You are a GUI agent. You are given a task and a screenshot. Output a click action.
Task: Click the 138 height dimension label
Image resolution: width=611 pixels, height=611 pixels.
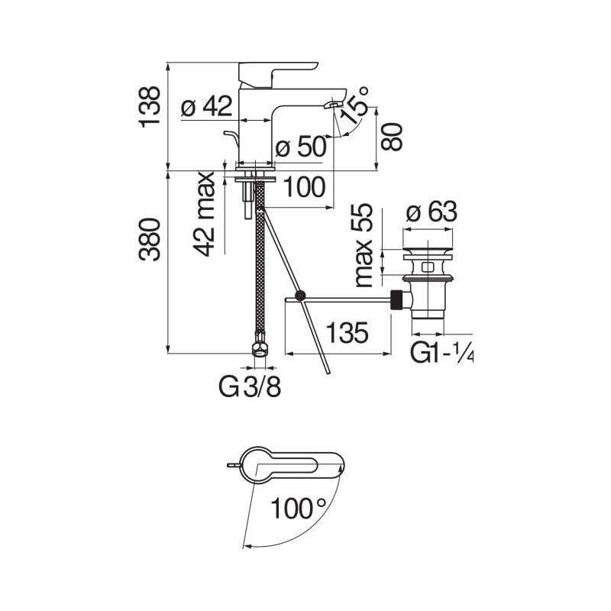pyautogui.click(x=150, y=106)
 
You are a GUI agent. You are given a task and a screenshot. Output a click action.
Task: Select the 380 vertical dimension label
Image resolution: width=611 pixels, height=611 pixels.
pyautogui.click(x=150, y=239)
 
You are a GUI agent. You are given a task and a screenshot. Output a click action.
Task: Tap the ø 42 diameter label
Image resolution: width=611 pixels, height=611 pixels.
pyautogui.click(x=206, y=108)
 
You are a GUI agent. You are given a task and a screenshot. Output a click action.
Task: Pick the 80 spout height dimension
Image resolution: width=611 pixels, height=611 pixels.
pyautogui.click(x=391, y=137)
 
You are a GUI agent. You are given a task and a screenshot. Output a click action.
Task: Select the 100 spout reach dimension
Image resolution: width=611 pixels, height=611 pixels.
pyautogui.click(x=303, y=186)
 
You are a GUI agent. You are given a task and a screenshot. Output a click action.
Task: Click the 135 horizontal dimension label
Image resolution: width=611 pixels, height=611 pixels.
pyautogui.click(x=348, y=333)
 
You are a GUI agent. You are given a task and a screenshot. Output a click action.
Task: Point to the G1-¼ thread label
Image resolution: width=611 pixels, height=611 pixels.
pyautogui.click(x=442, y=353)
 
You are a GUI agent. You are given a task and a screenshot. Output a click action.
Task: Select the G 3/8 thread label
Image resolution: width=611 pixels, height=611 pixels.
pyautogui.click(x=251, y=387)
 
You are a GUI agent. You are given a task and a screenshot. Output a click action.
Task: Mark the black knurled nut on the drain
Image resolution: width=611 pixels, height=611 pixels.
pyautogui.click(x=397, y=299)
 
